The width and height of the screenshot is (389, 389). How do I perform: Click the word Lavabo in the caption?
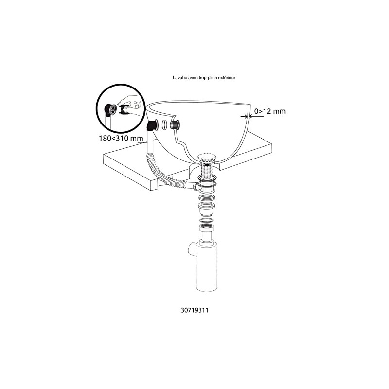pos(179,77)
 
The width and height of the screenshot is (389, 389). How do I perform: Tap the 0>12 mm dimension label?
pos(270,111)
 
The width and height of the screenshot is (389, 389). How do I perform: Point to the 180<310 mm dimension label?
pos(118,138)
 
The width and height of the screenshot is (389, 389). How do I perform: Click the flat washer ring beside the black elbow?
pos(165,124)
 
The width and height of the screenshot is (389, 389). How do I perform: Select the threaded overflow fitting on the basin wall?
pos(176,124)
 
